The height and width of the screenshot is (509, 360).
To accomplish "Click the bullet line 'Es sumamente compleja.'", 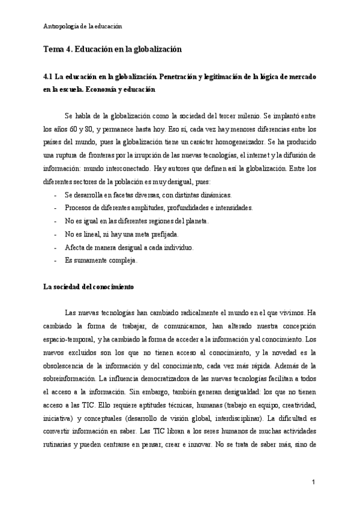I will (x=101, y=261).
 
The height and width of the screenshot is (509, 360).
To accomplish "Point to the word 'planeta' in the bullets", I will (x=196, y=221).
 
